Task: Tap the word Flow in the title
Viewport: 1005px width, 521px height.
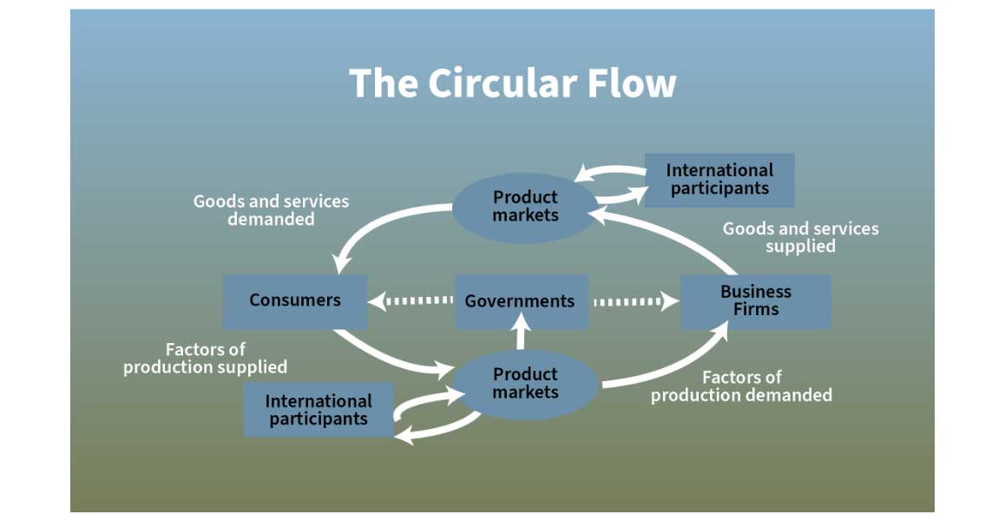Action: (x=631, y=83)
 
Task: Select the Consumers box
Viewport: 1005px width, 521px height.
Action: (x=295, y=300)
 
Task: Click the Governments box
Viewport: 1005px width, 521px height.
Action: (x=521, y=301)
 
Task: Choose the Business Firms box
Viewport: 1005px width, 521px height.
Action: (x=755, y=301)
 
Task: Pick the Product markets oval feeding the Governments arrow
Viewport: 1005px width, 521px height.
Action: (x=525, y=384)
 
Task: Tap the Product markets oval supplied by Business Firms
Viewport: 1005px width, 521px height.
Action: (x=525, y=207)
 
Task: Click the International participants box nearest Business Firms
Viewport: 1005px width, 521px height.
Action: (x=719, y=179)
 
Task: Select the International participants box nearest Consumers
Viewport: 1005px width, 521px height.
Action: (x=319, y=410)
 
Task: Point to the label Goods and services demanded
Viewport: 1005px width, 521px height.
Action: (x=271, y=210)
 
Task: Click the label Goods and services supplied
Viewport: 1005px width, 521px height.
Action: (x=800, y=237)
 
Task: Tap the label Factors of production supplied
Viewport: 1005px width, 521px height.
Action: (x=206, y=358)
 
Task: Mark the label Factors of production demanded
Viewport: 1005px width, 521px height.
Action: (x=741, y=386)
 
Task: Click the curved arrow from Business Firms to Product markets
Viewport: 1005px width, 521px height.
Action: (x=686, y=231)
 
